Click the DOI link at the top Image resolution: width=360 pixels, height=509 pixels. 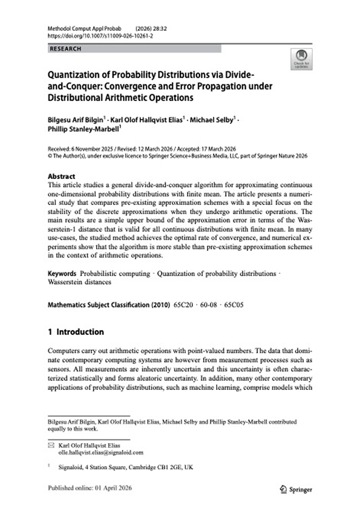pyautogui.click(x=93, y=36)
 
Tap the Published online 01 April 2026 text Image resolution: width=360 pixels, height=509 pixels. pyautogui.click(x=88, y=488)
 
